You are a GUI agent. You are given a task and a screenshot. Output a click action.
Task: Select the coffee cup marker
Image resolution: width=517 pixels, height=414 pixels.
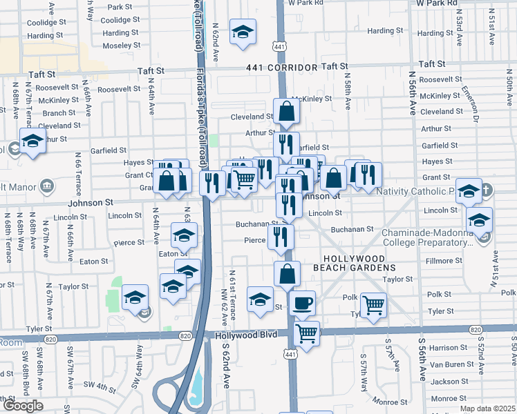pos(302,303)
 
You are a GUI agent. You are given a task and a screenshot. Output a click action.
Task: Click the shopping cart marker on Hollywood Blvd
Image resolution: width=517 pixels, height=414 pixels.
pos(306,334)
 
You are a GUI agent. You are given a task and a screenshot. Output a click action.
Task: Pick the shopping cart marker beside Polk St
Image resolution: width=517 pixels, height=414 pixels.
pos(373,304)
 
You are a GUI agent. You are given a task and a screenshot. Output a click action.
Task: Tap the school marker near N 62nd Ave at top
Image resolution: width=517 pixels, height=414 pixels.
pos(243,32)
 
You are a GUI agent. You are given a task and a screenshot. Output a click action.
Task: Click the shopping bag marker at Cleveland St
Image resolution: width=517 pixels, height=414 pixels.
pos(286,110)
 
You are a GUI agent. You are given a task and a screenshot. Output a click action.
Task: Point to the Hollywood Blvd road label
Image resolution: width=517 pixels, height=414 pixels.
pos(246,335)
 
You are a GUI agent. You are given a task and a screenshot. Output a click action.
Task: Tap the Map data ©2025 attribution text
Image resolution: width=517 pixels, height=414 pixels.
pos(487,408)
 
